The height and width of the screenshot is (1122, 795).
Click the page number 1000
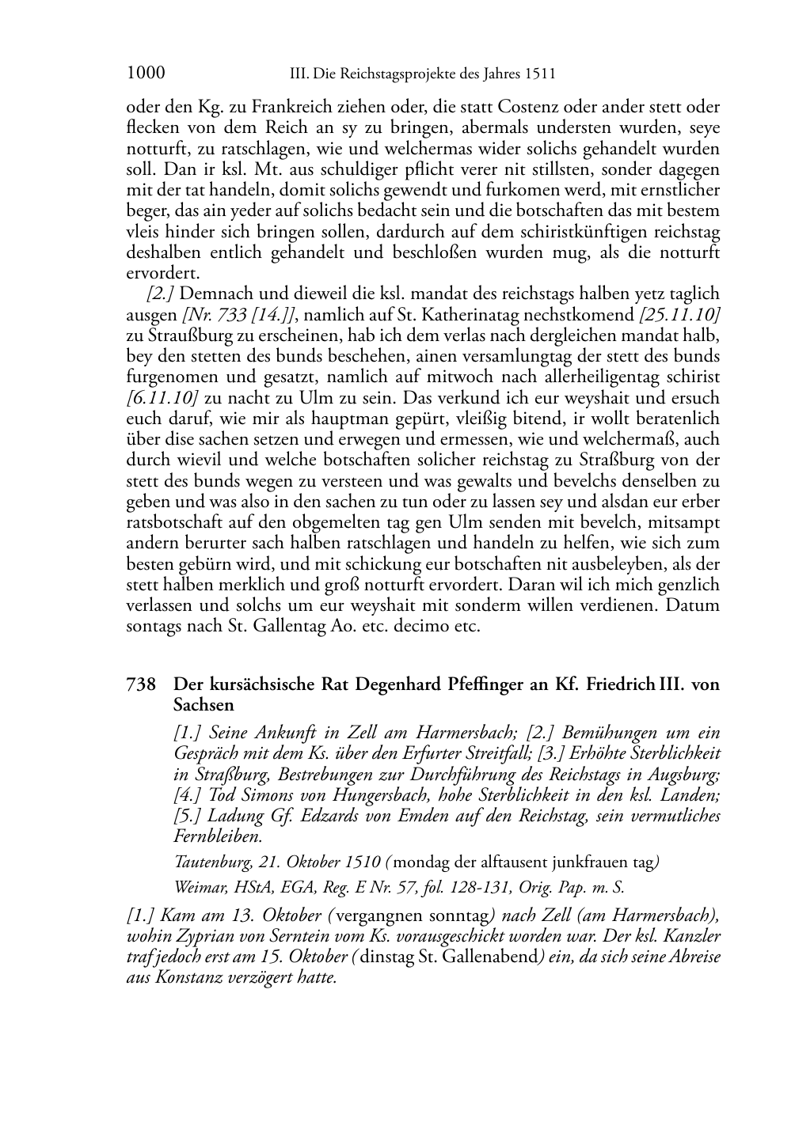[146, 74]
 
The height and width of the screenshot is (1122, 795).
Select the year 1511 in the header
[539, 74]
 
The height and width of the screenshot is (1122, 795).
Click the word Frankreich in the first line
[246, 107]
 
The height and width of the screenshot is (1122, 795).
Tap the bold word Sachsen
[204, 704]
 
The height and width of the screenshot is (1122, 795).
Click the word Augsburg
[679, 774]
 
